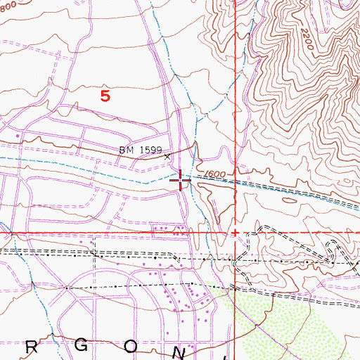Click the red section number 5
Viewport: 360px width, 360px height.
pyautogui.click(x=105, y=96)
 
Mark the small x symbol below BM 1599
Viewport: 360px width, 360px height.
pyautogui.click(x=167, y=157)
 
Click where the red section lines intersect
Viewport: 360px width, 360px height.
pyautogui.click(x=234, y=232)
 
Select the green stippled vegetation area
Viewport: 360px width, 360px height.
pyautogui.click(x=295, y=323)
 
